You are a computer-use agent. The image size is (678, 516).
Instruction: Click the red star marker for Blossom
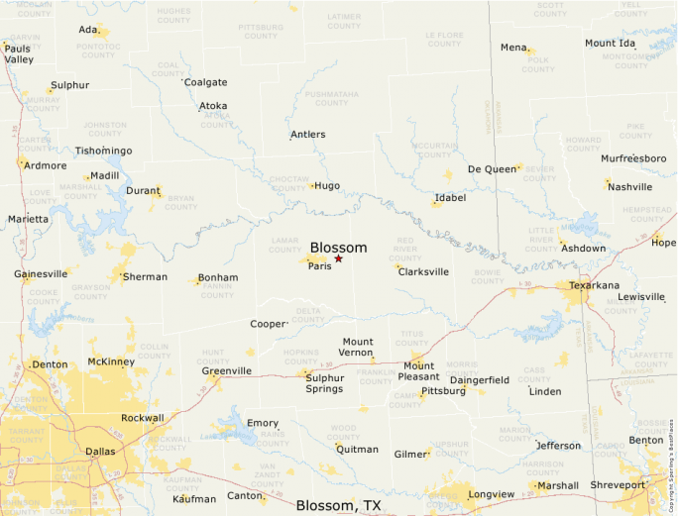coord(339,258)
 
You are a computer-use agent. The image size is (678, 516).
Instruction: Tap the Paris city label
coord(319,266)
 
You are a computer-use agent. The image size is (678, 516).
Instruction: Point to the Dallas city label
coord(100,451)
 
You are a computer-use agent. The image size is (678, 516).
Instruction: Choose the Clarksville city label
coord(423,271)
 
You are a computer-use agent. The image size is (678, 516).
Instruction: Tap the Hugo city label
coord(327,185)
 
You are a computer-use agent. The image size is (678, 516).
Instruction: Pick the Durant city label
coord(143,190)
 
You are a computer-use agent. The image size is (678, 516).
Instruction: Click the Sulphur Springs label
coord(324,382)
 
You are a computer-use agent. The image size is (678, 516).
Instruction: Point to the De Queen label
coord(493,169)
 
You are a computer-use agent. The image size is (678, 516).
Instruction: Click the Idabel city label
coord(450,198)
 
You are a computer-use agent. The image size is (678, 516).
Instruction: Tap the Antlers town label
coord(307,135)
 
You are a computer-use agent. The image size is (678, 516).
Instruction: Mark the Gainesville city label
coord(41,273)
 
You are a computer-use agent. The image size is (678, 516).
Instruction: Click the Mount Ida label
coord(610,44)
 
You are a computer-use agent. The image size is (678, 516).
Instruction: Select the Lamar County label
coord(283,244)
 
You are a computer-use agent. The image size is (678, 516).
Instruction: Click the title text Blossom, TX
coord(338,505)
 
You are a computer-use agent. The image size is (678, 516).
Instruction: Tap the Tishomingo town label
coord(103,151)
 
